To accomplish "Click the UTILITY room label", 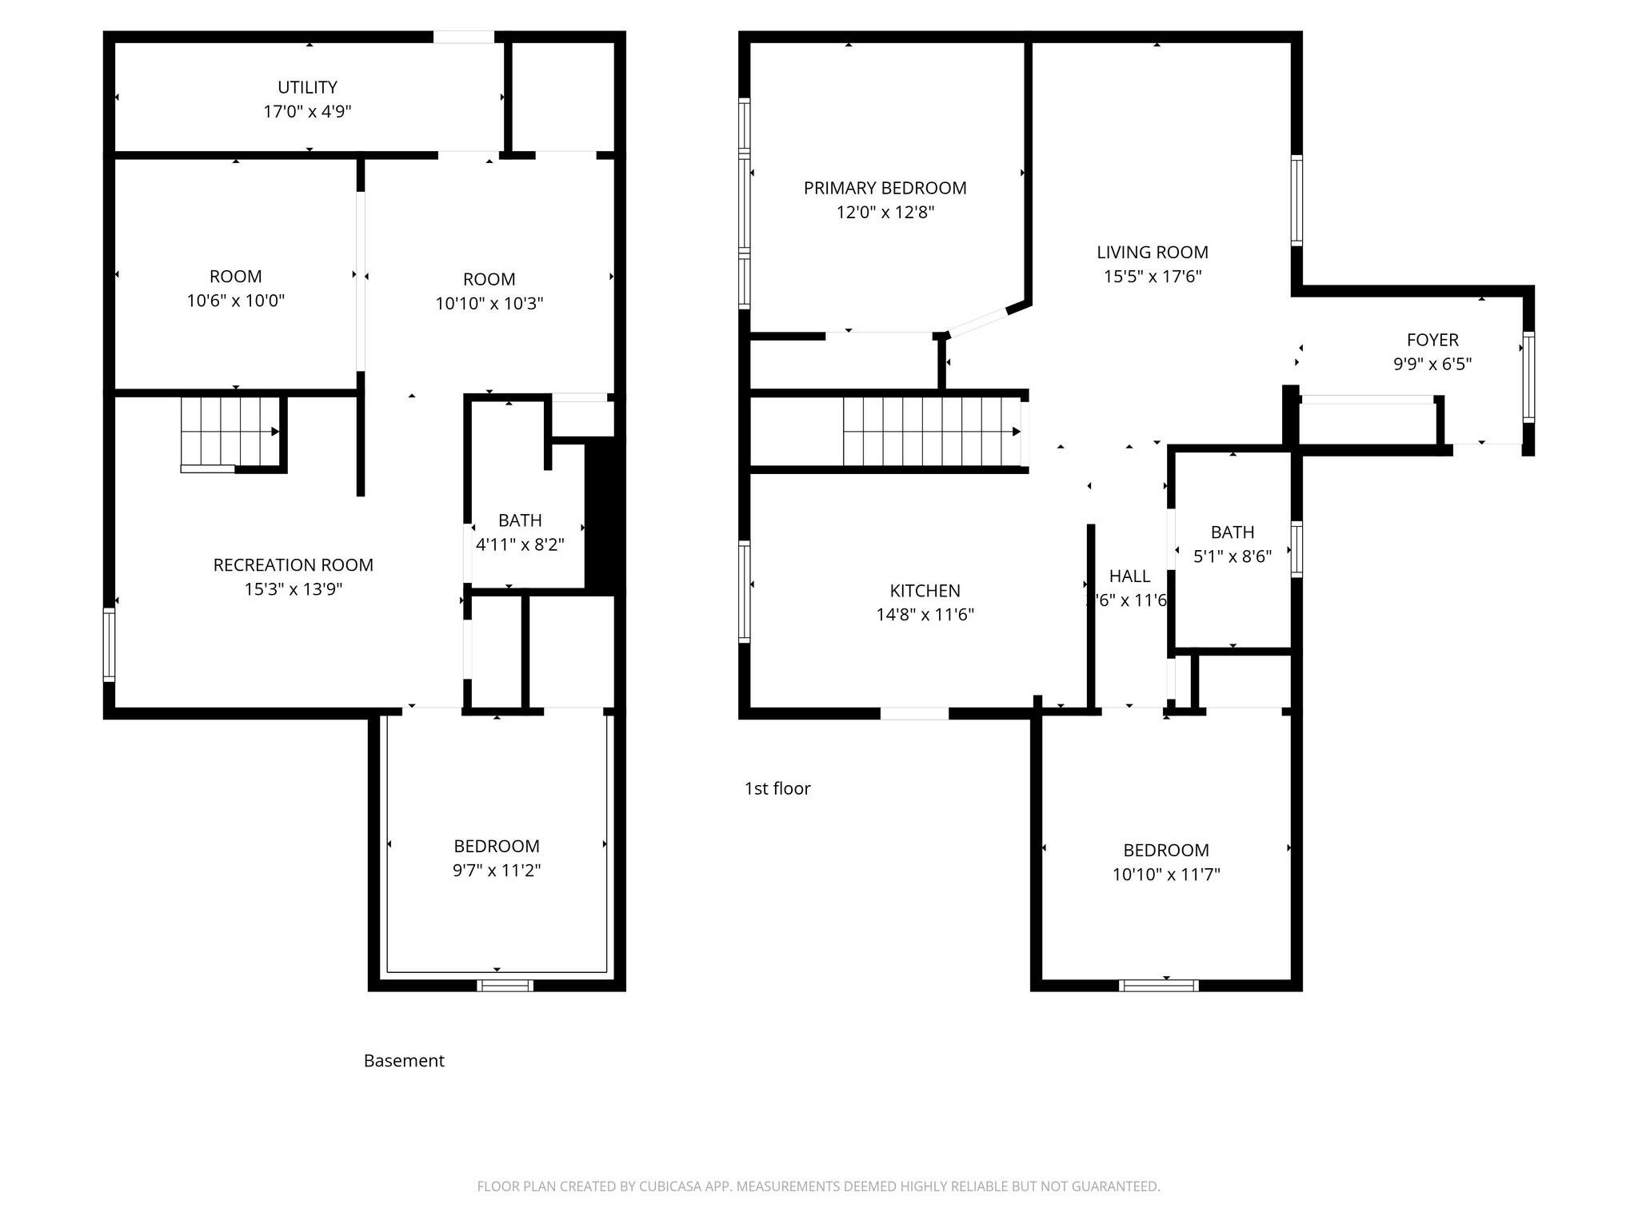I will [307, 87].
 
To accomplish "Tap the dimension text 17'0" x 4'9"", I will [307, 111].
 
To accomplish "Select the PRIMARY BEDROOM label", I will [885, 188].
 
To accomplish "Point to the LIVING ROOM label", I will [1152, 252].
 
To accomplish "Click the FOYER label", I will [1432, 340].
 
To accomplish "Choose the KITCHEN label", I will [925, 591].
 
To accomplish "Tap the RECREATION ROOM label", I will [293, 565].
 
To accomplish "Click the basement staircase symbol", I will [229, 433].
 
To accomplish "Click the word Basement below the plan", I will [404, 1061].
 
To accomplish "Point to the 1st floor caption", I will [777, 789].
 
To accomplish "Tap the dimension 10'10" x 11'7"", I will [1165, 875].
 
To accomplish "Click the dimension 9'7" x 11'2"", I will [496, 871].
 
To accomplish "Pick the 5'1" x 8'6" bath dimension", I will [1232, 556].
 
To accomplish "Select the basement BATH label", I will [520, 520].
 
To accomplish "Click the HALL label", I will [1129, 576].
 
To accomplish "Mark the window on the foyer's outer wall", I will [1528, 377].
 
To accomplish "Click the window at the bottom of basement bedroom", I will [505, 985].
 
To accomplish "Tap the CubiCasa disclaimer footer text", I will [818, 1186].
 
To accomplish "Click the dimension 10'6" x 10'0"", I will [235, 301].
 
